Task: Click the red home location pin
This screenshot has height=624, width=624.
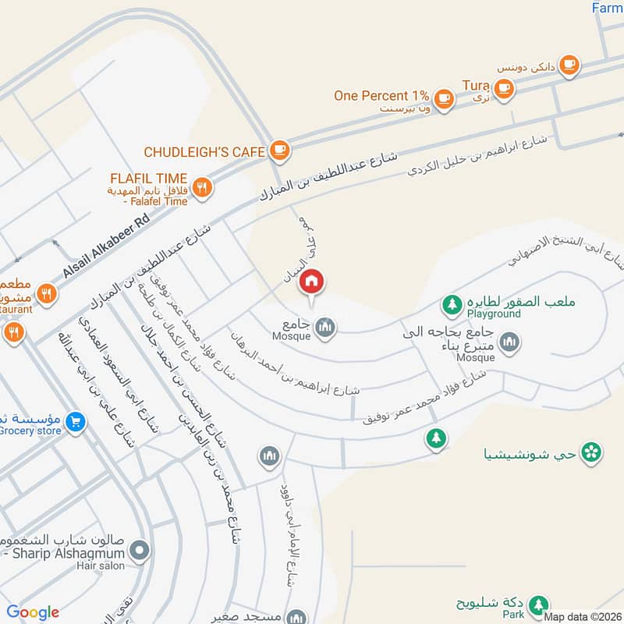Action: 311,282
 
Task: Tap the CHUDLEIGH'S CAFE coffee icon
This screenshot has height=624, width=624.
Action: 280,150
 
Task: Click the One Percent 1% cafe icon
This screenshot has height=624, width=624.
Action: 444,97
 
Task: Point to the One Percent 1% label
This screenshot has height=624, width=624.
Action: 382,95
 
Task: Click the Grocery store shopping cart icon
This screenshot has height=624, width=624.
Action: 76,422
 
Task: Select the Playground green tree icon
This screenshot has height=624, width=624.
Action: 451,302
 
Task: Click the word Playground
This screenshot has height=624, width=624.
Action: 494,314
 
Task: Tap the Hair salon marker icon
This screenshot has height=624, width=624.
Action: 140,551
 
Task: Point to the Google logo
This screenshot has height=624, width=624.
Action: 33,612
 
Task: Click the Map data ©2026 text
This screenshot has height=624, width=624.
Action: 581,616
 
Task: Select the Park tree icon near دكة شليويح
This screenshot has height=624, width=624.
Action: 537,604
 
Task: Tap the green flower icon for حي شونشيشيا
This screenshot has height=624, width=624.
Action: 592,450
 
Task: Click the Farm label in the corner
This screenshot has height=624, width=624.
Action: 607,8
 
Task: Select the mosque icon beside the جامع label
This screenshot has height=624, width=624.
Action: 326,328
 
